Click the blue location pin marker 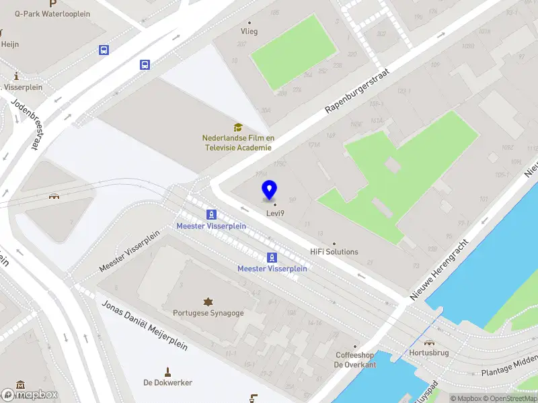[269, 189]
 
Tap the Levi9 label [274, 214]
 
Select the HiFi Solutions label [334, 252]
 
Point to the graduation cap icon [237, 127]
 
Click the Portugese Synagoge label [208, 312]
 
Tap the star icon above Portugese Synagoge [208, 301]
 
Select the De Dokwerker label [167, 382]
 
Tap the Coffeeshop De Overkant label [356, 359]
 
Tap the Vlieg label [249, 31]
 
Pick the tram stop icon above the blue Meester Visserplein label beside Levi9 [212, 214]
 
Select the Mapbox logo [30, 395]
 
